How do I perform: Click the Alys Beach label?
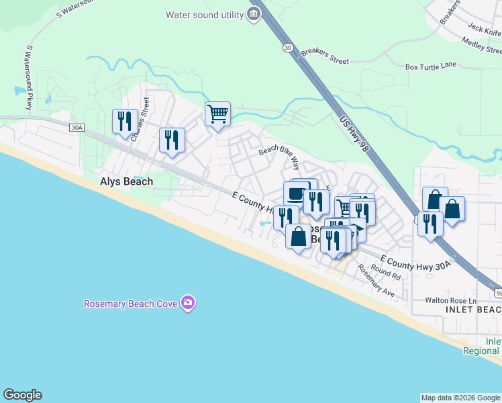pos(126,181)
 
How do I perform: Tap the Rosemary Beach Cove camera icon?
pos(188,304)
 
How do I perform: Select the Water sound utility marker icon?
pos(254,14)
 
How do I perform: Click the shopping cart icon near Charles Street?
pos(217,114)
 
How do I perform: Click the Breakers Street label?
pos(325,56)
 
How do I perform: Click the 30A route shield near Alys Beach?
pos(77,126)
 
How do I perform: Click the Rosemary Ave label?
pos(376,280)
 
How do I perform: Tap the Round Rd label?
pos(385,272)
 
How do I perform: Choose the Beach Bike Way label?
pos(279,156)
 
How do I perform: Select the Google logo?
pos(22,395)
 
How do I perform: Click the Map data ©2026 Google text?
pos(460,398)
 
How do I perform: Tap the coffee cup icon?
pos(296,193)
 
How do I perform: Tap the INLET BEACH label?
pos(472,310)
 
